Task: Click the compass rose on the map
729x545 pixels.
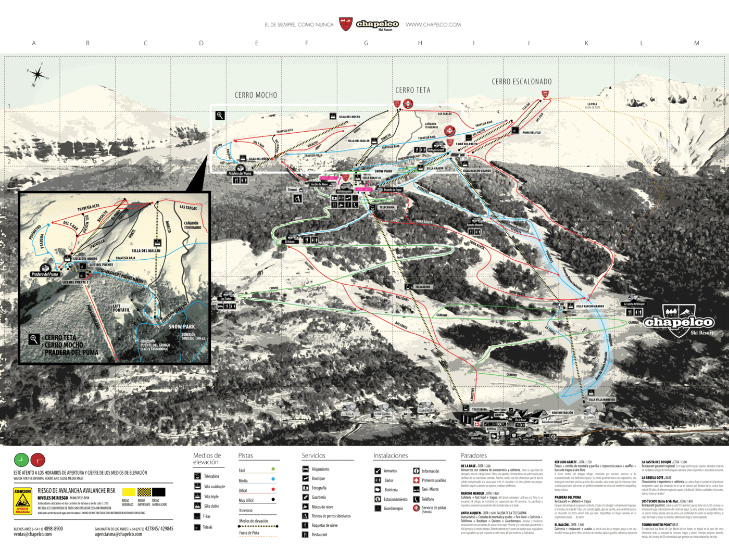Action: click(37, 74)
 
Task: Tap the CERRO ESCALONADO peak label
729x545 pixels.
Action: click(521, 82)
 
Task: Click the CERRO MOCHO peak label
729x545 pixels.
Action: click(256, 95)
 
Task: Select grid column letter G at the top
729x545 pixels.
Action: click(366, 43)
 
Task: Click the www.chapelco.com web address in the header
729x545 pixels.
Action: click(433, 24)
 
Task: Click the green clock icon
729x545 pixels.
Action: click(21, 460)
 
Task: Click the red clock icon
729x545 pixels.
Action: click(37, 460)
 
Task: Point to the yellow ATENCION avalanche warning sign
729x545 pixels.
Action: click(22, 500)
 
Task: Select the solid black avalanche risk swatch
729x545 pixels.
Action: click(159, 492)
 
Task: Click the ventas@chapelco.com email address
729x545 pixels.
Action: click(33, 534)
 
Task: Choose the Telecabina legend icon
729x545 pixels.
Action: click(198, 476)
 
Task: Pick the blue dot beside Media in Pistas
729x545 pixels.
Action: click(273, 479)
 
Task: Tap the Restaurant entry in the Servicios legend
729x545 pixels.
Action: click(319, 535)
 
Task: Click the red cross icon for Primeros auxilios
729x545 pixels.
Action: click(417, 480)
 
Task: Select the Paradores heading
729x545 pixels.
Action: click(473, 455)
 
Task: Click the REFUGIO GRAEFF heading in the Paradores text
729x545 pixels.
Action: click(565, 462)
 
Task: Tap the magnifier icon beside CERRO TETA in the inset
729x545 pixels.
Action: click(34, 339)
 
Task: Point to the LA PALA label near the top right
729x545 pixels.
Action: click(592, 104)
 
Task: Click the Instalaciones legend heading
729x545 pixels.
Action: click(391, 455)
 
